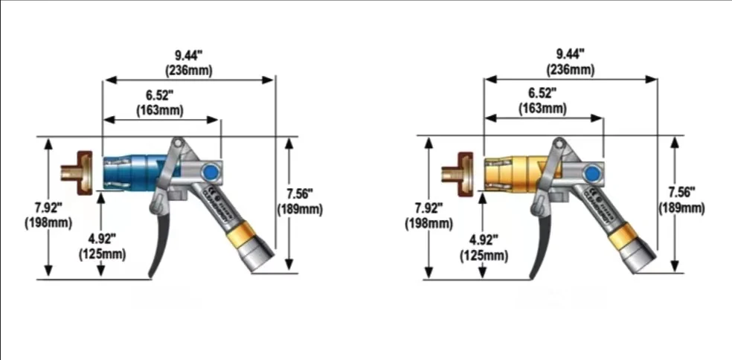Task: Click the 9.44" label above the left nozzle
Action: click(x=188, y=55)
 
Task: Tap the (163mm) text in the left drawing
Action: click(x=161, y=109)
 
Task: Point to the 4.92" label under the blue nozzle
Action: click(x=102, y=238)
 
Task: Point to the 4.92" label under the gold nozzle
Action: click(x=484, y=240)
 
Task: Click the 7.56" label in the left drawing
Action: click(x=300, y=193)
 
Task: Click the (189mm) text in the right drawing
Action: click(x=681, y=208)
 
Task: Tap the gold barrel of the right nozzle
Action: click(x=513, y=171)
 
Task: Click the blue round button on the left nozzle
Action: click(x=211, y=172)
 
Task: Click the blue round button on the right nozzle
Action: click(x=593, y=173)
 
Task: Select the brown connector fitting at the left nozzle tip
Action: click(x=76, y=171)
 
